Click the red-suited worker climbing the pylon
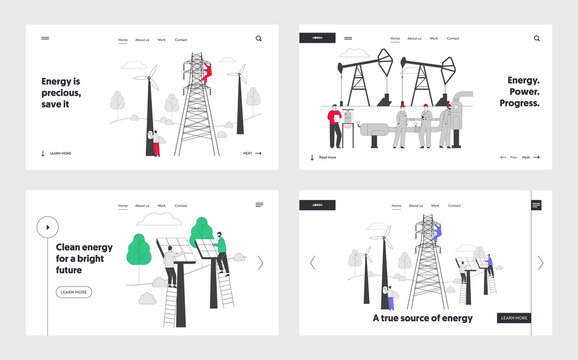tap(207, 71)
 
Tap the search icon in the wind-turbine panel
tap(258, 39)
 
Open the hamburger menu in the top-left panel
tap(45, 39)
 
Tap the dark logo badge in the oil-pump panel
tap(318, 38)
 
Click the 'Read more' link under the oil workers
tap(324, 157)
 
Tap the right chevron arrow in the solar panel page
tap(260, 263)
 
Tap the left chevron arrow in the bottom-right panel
tap(312, 263)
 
